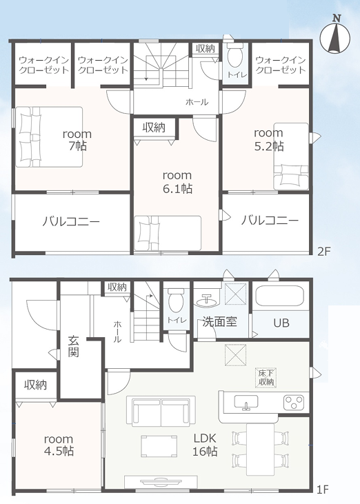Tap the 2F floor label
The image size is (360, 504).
[323, 251]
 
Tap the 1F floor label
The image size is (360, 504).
[322, 490]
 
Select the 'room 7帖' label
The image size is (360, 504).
[77, 140]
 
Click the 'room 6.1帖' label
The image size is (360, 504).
[177, 181]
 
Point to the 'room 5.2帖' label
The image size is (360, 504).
[269, 139]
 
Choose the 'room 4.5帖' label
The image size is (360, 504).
[59, 445]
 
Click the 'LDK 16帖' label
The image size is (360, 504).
[205, 445]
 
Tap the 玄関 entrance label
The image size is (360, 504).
[73, 346]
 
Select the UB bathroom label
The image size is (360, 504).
[281, 323]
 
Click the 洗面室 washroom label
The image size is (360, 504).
[220, 321]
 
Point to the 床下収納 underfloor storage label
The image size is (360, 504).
[266, 378]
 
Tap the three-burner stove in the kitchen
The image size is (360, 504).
[294, 403]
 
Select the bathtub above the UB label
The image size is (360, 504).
[279, 296]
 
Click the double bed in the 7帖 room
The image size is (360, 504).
[49, 137]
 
